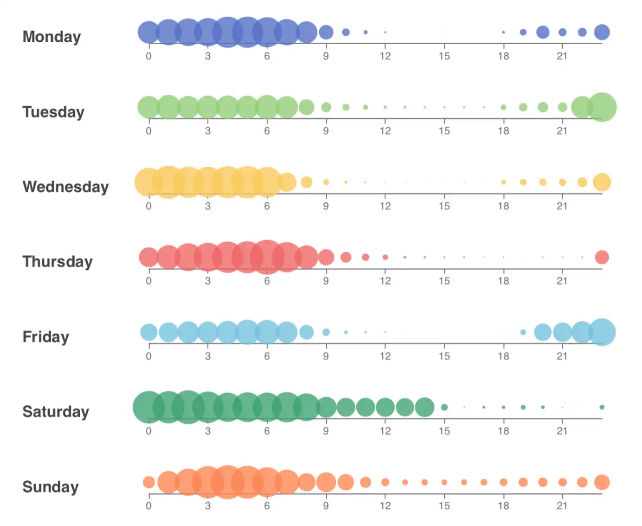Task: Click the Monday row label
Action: (x=51, y=37)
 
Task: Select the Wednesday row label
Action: (x=65, y=187)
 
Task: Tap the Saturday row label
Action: (x=56, y=411)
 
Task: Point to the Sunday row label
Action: (x=51, y=487)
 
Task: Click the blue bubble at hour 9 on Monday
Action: (x=326, y=32)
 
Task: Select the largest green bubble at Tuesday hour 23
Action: (x=602, y=107)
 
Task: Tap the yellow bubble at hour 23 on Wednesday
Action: (x=602, y=182)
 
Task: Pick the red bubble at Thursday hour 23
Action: (x=602, y=257)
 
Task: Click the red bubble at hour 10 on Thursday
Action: (x=346, y=257)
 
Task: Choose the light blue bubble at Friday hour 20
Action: (x=543, y=332)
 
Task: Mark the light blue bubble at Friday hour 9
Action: (x=326, y=332)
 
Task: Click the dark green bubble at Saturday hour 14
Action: (x=424, y=407)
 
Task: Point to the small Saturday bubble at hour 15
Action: (x=444, y=407)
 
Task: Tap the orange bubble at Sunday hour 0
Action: (x=148, y=482)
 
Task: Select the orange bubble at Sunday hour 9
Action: (x=326, y=482)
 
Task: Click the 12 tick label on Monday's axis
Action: (x=385, y=56)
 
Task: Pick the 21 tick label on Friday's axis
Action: (x=562, y=356)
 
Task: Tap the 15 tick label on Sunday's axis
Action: (x=444, y=506)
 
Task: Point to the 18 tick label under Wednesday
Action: (x=503, y=206)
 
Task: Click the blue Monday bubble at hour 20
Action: (x=543, y=32)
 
